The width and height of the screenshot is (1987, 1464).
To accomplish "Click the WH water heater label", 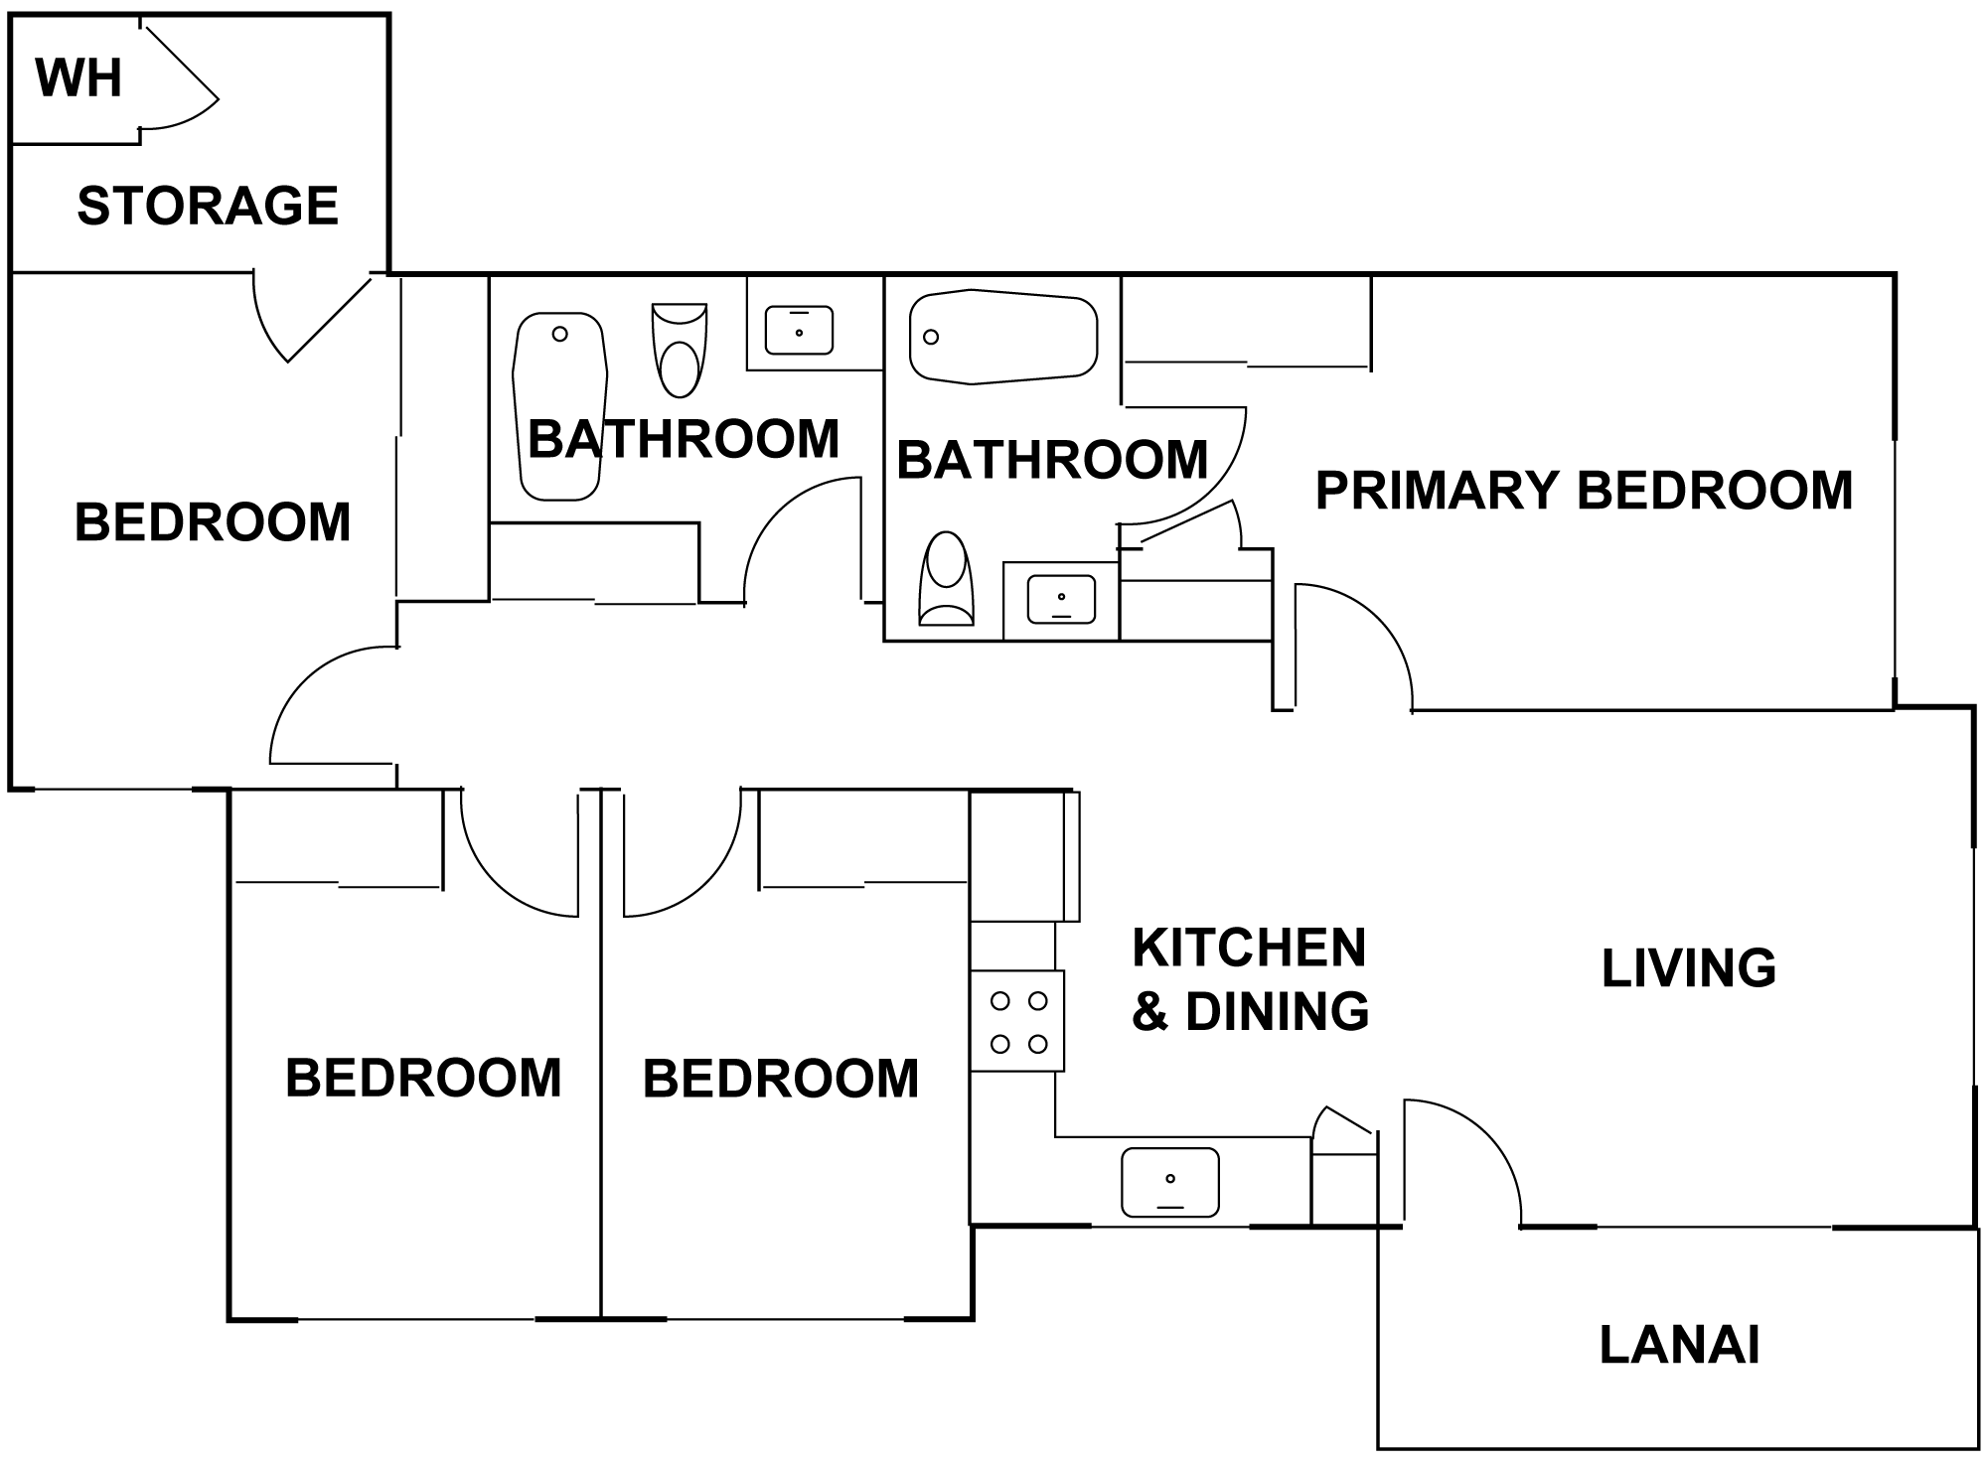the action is pos(78,78).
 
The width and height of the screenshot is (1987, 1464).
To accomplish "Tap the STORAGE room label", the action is pos(208,206).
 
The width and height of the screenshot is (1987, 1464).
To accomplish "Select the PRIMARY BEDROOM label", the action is pos(1584,490).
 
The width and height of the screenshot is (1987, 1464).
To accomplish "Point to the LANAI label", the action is pos(1679,1345).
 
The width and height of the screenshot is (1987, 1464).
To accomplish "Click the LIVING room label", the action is pos(1689,967).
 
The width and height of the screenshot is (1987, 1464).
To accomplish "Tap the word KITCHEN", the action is pos(1249,948).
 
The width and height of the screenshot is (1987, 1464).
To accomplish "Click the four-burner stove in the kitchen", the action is pos(1017,1021).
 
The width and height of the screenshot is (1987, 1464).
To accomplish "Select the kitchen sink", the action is pos(1169,1182).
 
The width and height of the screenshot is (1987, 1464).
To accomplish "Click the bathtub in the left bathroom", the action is pos(559,407).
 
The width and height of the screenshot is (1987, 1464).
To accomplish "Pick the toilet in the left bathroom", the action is pos(680,351).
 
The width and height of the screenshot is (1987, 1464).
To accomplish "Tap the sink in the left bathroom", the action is pos(799,331).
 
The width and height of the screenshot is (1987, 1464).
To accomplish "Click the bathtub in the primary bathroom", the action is pos(1003,337).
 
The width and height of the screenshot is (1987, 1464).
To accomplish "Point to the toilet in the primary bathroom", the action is pos(946,578).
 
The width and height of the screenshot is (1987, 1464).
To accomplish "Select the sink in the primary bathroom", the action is pos(1061,599).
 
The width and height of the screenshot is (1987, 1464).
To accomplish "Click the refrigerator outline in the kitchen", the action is pos(1023,856).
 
